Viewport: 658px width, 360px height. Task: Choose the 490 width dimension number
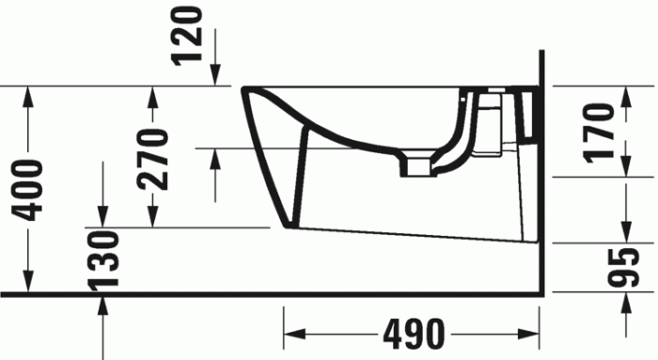(x=413, y=334)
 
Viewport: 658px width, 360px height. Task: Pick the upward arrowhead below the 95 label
(x=626, y=303)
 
